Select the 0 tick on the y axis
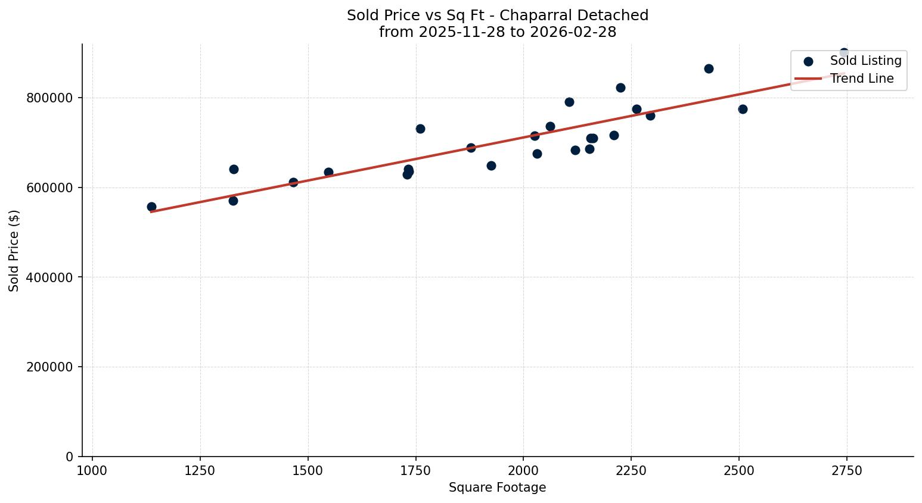(x=70, y=457)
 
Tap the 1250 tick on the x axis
(x=200, y=471)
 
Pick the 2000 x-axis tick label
(x=523, y=471)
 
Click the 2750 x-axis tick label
(x=846, y=471)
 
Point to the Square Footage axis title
(x=497, y=488)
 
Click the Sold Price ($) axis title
(x=14, y=251)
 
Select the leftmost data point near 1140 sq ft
(x=151, y=207)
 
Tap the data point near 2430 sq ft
(x=709, y=69)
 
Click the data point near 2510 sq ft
(x=743, y=110)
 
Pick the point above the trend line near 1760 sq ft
(x=420, y=129)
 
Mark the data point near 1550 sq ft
(x=328, y=173)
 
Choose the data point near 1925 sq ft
(x=491, y=166)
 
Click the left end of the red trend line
(x=151, y=211)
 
